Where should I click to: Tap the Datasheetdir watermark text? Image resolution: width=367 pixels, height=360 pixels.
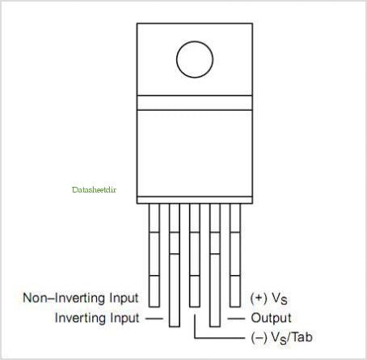(x=94, y=190)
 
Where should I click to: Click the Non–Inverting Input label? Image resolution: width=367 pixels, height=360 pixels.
(x=81, y=299)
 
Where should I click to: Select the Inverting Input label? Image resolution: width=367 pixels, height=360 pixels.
(x=97, y=318)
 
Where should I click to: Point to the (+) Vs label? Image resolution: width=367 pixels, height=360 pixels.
(x=268, y=299)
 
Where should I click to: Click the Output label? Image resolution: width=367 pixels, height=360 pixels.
(x=271, y=318)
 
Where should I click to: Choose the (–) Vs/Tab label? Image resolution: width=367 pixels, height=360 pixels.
(x=281, y=337)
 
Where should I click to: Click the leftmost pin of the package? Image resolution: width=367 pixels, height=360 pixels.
(x=154, y=255)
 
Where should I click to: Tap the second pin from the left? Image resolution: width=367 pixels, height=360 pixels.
(x=175, y=265)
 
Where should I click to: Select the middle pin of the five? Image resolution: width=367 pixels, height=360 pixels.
(x=195, y=255)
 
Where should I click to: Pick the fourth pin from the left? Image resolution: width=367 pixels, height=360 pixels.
(x=215, y=265)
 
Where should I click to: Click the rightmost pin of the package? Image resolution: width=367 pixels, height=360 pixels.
(x=235, y=255)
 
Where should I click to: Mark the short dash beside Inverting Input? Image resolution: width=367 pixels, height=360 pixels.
(x=154, y=319)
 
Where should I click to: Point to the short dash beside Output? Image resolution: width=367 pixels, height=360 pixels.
(x=236, y=319)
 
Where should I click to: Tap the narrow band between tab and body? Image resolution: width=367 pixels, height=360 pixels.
(x=195, y=103)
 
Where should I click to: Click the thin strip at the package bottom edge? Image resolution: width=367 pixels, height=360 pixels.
(x=195, y=200)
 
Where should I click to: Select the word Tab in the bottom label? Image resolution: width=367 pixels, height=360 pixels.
(x=302, y=337)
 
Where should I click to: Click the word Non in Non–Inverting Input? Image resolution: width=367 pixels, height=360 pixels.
(x=36, y=298)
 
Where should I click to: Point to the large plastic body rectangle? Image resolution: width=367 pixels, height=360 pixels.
(x=195, y=153)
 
